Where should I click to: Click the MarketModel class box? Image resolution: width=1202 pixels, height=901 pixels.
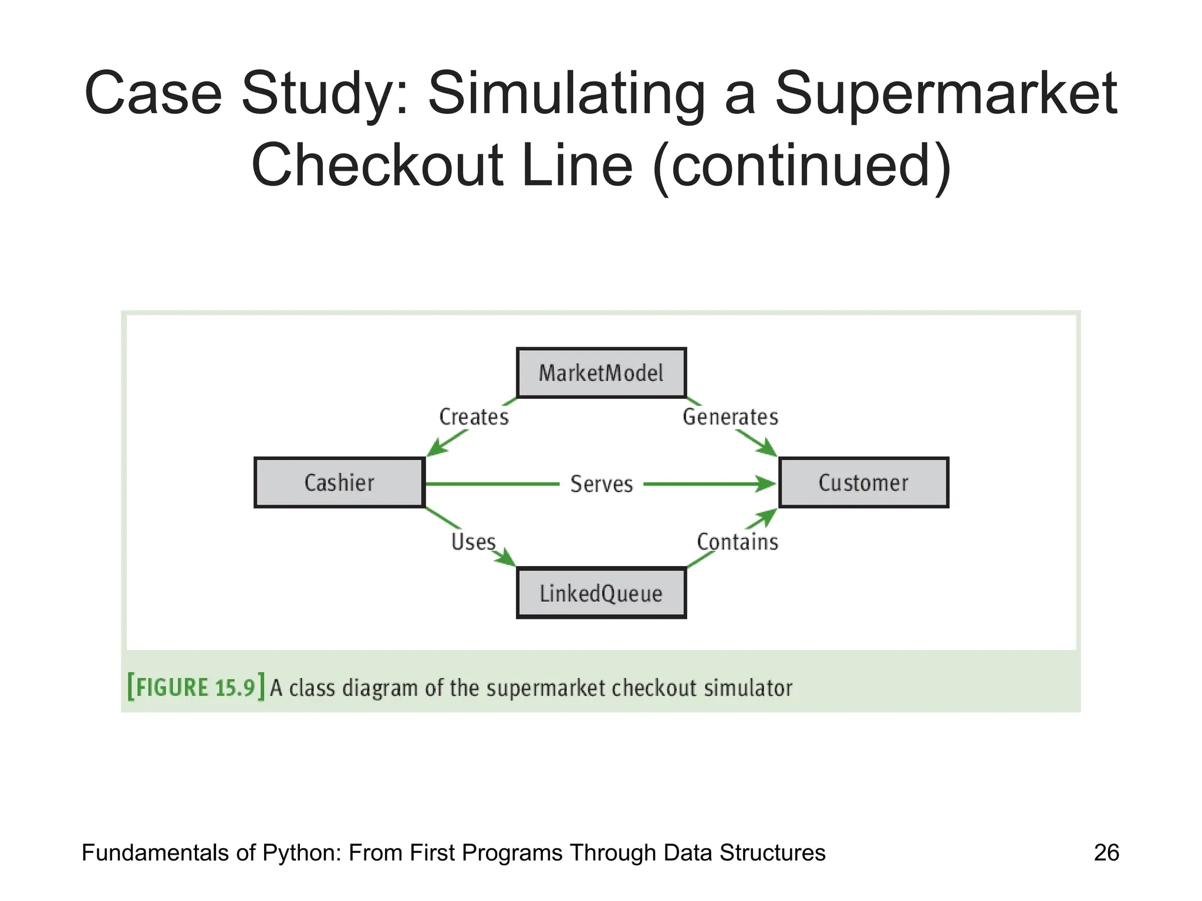[601, 373]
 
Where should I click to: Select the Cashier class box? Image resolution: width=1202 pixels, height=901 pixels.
[339, 483]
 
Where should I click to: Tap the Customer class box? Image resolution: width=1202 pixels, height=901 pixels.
[863, 483]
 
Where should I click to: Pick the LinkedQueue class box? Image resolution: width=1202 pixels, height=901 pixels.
[601, 593]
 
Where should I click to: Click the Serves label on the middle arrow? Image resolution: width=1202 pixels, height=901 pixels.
[602, 484]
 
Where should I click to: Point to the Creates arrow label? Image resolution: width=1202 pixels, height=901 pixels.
[474, 417]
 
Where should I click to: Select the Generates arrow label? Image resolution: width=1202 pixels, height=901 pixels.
[730, 417]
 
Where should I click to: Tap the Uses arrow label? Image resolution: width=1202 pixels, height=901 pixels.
[473, 541]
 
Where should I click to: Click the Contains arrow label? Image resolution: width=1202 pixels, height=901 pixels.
[737, 541]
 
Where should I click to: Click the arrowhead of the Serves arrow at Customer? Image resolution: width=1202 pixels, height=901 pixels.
[767, 484]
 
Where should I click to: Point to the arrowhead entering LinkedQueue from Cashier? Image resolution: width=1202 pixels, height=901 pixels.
[506, 559]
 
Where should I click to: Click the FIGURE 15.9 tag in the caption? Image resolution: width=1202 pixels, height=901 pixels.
[196, 687]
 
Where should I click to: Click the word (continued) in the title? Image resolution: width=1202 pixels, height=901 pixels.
[801, 166]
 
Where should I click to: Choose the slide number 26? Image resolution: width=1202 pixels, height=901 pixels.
[1106, 852]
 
